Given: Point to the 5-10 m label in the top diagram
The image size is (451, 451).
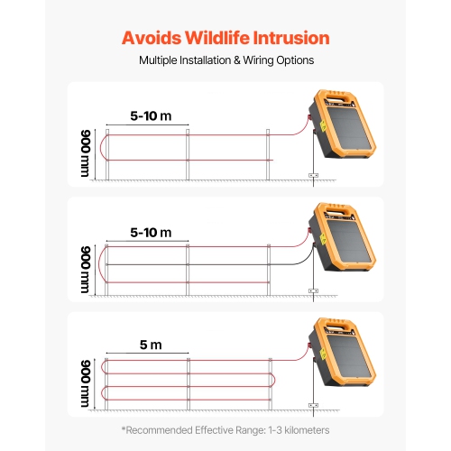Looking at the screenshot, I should [151, 116].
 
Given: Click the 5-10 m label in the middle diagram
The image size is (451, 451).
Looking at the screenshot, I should [151, 233].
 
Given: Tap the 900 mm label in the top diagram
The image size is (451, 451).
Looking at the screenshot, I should [86, 152].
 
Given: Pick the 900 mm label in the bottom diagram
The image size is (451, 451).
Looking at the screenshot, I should [86, 382].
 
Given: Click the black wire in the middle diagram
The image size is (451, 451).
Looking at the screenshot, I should [225, 263].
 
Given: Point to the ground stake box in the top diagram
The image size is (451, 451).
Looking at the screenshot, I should [314, 175].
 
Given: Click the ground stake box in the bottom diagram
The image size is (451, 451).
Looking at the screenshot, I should [314, 405].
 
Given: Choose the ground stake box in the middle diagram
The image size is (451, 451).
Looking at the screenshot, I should [314, 290].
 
